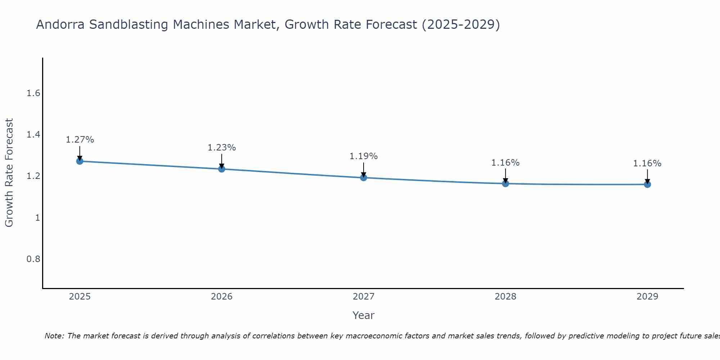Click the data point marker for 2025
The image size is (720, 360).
click(x=80, y=161)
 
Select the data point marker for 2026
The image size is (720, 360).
click(x=222, y=169)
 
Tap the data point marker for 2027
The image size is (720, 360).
click(x=364, y=177)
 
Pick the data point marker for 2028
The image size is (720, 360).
click(x=505, y=184)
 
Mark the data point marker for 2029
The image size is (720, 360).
click(x=647, y=184)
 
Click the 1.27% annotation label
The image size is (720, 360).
click(x=80, y=140)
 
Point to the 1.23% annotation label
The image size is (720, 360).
click(x=222, y=148)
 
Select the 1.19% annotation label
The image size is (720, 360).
click(x=364, y=156)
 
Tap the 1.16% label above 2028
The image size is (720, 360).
click(x=505, y=163)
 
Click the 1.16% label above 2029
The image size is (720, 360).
click(x=647, y=163)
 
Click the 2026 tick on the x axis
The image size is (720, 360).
click(x=222, y=297)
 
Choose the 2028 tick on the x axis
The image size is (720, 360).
click(x=505, y=297)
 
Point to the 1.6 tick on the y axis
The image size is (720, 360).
click(x=33, y=94)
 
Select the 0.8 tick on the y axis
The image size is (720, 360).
click(x=33, y=259)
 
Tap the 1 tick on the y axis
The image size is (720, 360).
click(x=37, y=218)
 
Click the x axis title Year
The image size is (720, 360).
click(x=364, y=315)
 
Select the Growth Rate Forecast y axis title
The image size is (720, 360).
click(x=9, y=173)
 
